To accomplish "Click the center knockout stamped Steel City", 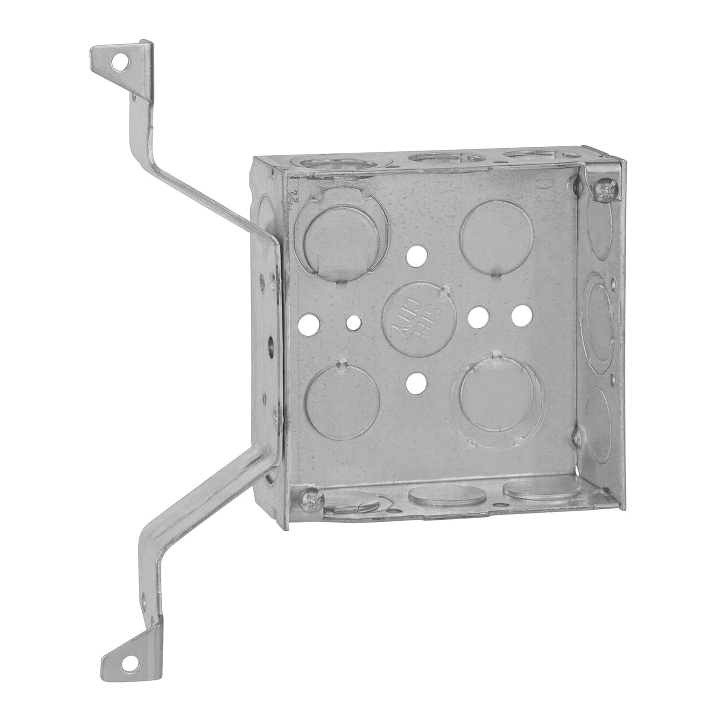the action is [419, 318].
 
